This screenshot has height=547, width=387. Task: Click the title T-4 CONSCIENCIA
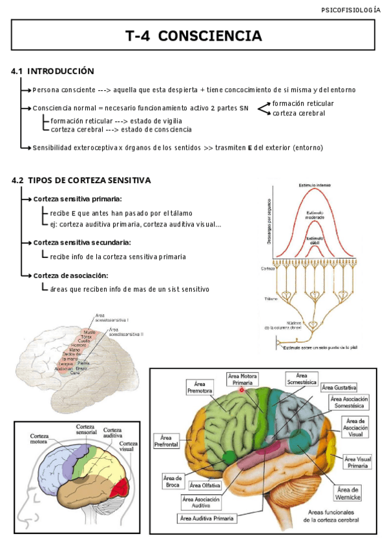tap(193, 36)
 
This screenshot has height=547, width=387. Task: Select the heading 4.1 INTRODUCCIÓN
tap(52, 71)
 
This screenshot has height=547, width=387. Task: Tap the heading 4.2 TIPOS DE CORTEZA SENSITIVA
tap(81, 181)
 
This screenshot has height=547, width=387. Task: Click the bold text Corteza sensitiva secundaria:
tap(82, 243)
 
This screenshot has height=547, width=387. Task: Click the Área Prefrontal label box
tap(166, 441)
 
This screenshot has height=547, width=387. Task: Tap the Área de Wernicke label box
tap(348, 493)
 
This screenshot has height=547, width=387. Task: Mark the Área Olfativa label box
tap(205, 484)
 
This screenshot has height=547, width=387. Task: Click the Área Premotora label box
tap(199, 387)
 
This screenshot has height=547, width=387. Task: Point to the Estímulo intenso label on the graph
tap(315, 186)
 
